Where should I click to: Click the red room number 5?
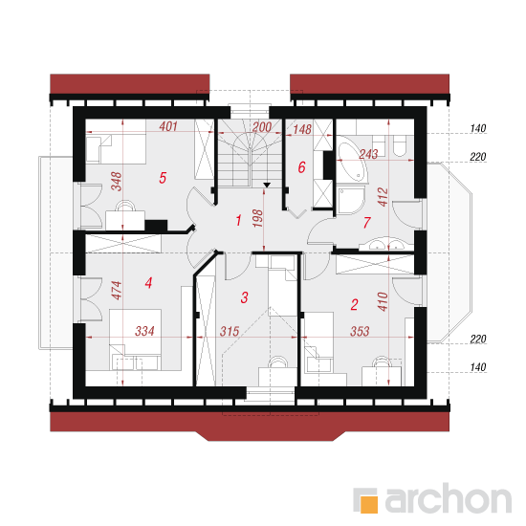pyautogui.click(x=163, y=178)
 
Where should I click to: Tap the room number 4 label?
pyautogui.click(x=148, y=283)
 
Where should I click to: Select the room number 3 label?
pyautogui.click(x=244, y=297)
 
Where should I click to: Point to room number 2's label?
pyautogui.click(x=354, y=304)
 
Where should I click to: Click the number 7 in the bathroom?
pyautogui.click(x=367, y=223)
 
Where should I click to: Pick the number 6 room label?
pyautogui.click(x=301, y=167)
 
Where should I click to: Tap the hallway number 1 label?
pyautogui.click(x=238, y=221)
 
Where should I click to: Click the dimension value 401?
pyautogui.click(x=168, y=126)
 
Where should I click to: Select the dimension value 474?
pyautogui.click(x=117, y=291)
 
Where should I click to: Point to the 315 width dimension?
pyautogui.click(x=230, y=332)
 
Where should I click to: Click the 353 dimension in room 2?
pyautogui.click(x=360, y=332)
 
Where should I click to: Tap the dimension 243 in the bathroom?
pyautogui.click(x=368, y=154)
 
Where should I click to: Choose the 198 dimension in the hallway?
pyautogui.click(x=257, y=218)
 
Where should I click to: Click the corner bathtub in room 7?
pyautogui.click(x=351, y=160)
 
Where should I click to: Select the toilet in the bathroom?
pyautogui.click(x=399, y=145)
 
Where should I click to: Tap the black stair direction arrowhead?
pyautogui.click(x=267, y=185)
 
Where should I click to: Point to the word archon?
pyautogui.click(x=449, y=499)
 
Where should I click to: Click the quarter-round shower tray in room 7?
pyautogui.click(x=350, y=201)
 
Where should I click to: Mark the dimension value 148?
pyautogui.click(x=302, y=129)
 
